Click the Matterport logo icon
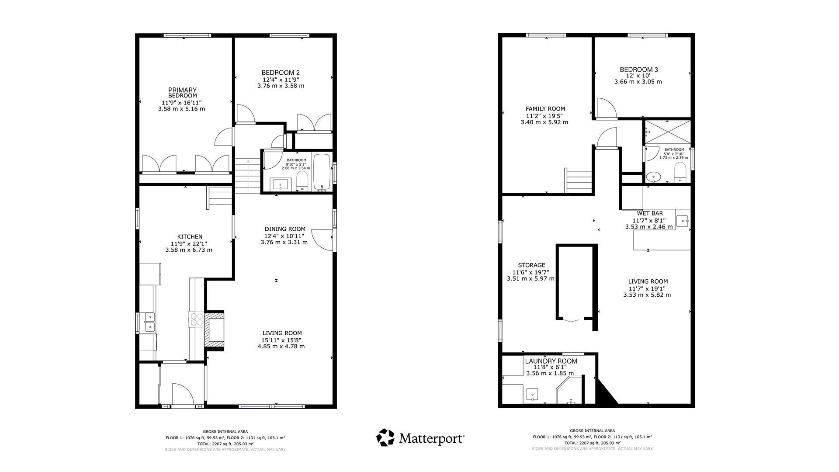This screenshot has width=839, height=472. (x=385, y=437)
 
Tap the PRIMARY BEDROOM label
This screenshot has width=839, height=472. (x=183, y=93)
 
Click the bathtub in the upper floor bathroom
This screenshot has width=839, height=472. (x=322, y=172)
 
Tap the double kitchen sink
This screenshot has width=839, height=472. (x=149, y=322)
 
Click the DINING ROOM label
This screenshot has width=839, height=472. (x=285, y=229)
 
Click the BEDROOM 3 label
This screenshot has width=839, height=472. (x=639, y=69)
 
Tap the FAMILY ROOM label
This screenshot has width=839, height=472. (x=545, y=109)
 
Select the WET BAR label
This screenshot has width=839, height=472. (x=650, y=213)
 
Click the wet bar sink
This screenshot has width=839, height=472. (x=683, y=221)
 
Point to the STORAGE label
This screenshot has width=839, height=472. (x=531, y=265)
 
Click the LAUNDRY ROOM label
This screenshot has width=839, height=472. (x=551, y=361)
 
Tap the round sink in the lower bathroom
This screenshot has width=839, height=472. (x=653, y=177)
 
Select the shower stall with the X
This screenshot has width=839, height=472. (x=668, y=132)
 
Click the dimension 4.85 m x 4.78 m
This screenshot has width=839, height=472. (x=281, y=346)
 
